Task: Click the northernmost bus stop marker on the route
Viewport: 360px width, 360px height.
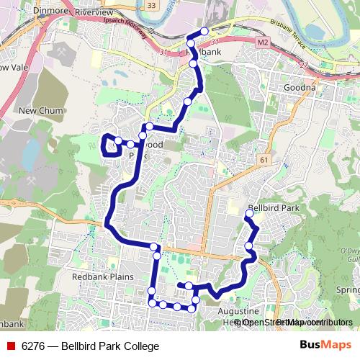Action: click(x=204, y=31)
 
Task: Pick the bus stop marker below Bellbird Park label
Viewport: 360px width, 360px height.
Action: click(x=249, y=213)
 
